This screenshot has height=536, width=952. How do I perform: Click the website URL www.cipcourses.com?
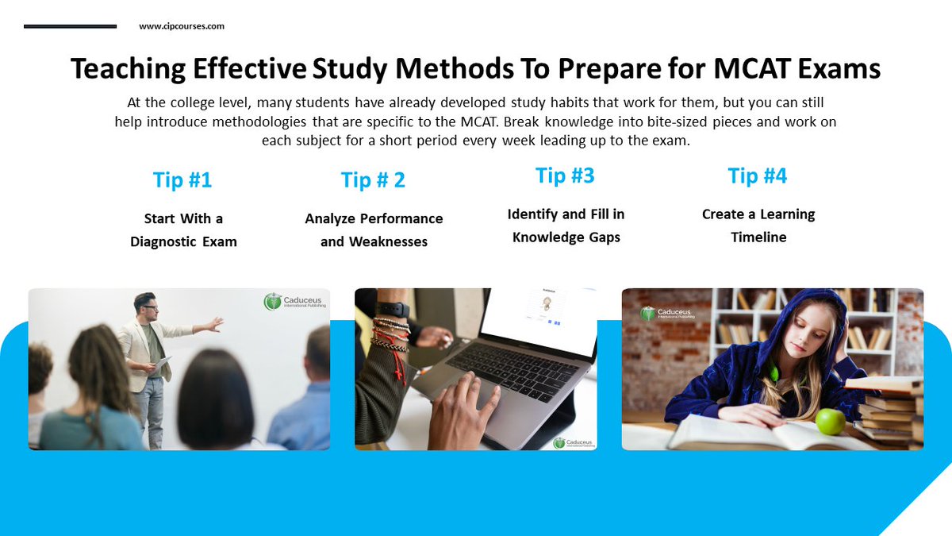point(181,26)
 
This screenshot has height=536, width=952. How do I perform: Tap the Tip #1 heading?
point(182,180)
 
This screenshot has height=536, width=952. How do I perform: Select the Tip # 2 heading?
point(373,180)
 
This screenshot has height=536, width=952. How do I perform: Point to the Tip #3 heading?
point(565,175)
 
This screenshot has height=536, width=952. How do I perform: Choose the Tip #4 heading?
point(758,175)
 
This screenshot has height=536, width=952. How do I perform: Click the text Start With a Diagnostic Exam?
point(183,229)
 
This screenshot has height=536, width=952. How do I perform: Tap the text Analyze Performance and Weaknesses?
point(374,229)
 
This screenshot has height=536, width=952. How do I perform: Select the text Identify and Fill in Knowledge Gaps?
point(566,226)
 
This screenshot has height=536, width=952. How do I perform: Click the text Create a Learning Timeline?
point(758,226)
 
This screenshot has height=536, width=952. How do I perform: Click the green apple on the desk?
point(831,421)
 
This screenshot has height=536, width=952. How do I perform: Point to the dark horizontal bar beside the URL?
point(70,26)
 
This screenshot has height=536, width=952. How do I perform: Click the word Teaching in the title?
point(130,69)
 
